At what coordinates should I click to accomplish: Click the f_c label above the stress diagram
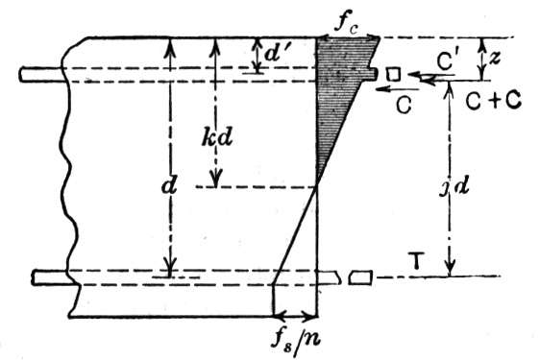click(346, 25)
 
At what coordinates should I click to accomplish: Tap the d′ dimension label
click(278, 53)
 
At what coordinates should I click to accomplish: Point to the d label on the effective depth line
click(169, 187)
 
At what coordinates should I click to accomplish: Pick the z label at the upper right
click(494, 59)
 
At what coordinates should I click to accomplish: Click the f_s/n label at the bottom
click(296, 338)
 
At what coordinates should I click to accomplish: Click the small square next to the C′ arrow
click(393, 74)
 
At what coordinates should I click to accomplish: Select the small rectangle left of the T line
click(360, 277)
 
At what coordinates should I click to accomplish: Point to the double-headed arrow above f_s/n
click(295, 314)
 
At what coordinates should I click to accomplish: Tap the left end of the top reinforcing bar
click(21, 75)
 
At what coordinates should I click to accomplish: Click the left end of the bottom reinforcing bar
click(34, 277)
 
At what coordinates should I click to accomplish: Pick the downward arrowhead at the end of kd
click(216, 179)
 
